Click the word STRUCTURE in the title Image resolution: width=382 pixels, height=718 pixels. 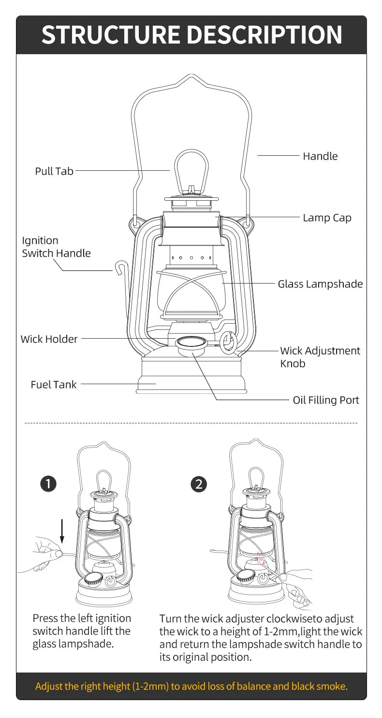click(x=110, y=35)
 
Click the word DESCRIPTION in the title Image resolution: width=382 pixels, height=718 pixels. click(x=264, y=35)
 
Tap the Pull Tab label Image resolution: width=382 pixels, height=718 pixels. click(x=54, y=171)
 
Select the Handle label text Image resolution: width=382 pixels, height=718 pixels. click(x=320, y=156)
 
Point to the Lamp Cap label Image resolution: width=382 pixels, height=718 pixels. click(x=327, y=218)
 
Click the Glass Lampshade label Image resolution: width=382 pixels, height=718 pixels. click(x=320, y=284)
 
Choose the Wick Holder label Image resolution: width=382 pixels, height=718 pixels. click(x=49, y=339)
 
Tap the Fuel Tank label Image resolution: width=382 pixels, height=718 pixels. click(x=54, y=385)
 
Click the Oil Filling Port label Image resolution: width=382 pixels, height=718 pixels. click(x=326, y=400)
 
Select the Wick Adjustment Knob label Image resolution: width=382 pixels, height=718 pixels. click(x=320, y=357)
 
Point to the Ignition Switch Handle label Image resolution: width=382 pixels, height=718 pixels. click(x=56, y=247)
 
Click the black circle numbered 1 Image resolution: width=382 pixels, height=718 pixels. click(x=49, y=484)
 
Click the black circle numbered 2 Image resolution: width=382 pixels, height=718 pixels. click(x=199, y=484)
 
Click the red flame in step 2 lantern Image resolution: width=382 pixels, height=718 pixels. click(x=262, y=560)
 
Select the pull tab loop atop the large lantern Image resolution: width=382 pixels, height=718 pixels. click(x=191, y=169)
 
